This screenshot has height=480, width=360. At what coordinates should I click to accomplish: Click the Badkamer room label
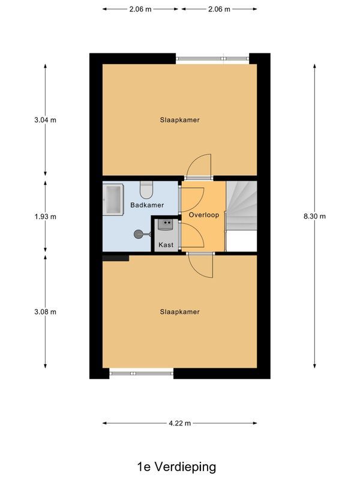tap(147, 205)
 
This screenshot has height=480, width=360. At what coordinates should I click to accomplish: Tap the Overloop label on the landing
tap(203, 214)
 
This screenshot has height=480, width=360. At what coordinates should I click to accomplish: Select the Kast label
tap(166, 245)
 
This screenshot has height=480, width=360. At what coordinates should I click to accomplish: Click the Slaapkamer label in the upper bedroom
tap(179, 120)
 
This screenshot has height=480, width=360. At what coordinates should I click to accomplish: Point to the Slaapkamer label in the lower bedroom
tap(179, 312)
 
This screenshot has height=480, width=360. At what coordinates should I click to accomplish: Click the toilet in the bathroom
tap(146, 190)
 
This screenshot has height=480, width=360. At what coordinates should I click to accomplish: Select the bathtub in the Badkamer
tap(113, 199)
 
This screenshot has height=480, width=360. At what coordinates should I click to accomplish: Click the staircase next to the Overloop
tap(241, 207)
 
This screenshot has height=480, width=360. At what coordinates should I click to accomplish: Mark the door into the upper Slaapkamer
tap(199, 167)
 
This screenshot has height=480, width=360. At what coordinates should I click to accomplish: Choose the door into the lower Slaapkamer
tap(201, 265)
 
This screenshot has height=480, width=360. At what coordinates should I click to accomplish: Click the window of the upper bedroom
tap(213, 58)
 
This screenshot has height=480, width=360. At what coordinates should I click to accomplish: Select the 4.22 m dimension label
tap(179, 424)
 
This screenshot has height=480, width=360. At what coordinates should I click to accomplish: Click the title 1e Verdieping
tap(176, 466)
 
